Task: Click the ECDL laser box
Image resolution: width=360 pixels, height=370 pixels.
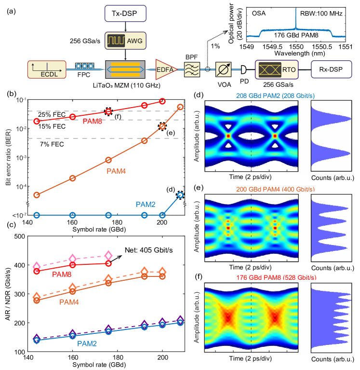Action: tap(46, 70)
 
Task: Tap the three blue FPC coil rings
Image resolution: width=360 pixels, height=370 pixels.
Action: tap(84, 66)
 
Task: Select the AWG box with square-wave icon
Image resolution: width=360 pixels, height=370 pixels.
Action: tap(125, 41)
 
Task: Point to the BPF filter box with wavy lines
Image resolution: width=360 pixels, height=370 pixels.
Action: tap(192, 70)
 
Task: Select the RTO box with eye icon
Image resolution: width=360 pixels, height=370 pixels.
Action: tap(276, 70)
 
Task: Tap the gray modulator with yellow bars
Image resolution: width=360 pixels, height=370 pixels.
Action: tap(125, 70)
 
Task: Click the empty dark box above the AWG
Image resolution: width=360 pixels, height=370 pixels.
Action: tap(125, 14)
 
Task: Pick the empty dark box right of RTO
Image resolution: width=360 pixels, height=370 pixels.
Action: tap(331, 69)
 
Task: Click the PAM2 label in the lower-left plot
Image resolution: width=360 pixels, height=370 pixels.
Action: tap(87, 344)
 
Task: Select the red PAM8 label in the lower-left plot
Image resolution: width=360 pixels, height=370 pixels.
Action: tap(62, 274)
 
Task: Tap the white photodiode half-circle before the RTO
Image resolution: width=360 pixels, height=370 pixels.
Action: tap(243, 70)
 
